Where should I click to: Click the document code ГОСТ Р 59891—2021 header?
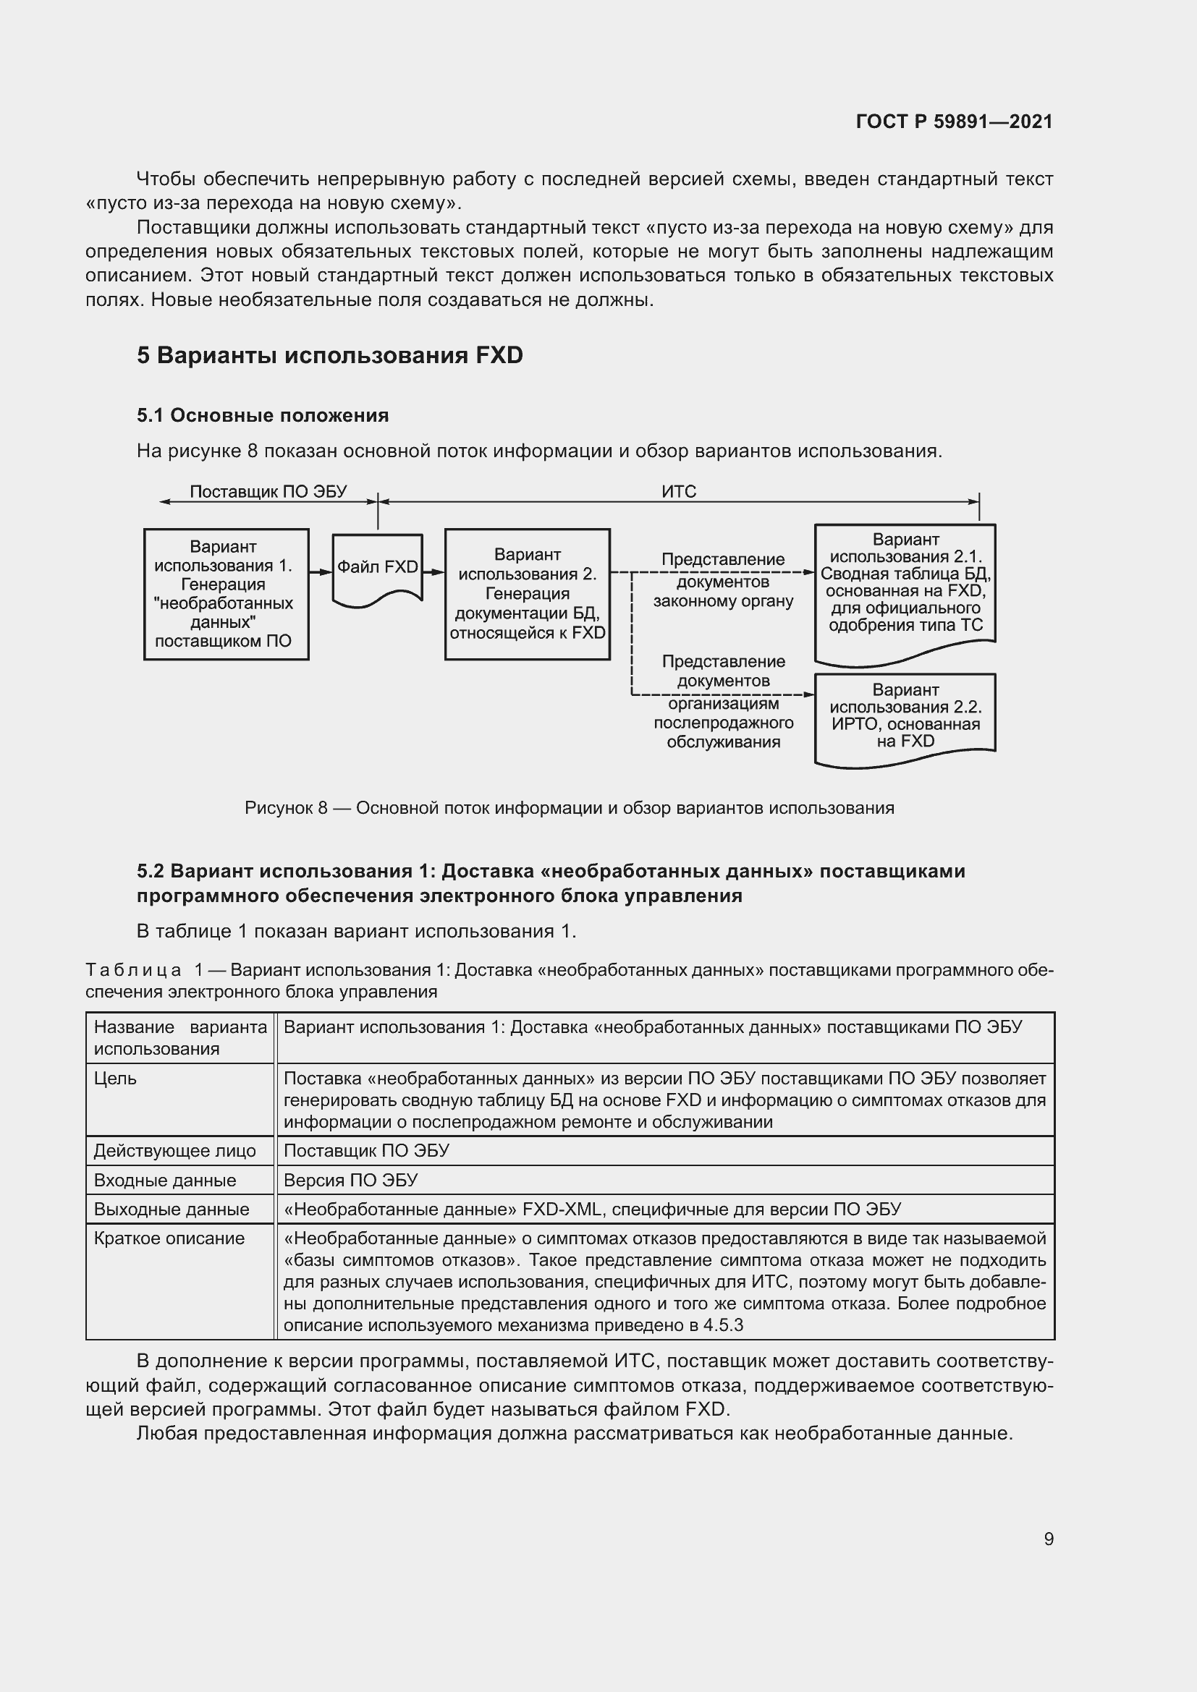pyautogui.click(x=954, y=122)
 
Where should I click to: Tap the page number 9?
pyautogui.click(x=1048, y=1539)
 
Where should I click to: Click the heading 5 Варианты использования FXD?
pyautogui.click(x=329, y=355)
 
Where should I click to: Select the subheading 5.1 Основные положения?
pyautogui.click(x=263, y=416)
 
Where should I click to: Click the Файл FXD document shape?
pyautogui.click(x=377, y=567)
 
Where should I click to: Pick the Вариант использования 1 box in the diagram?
pyautogui.click(x=226, y=594)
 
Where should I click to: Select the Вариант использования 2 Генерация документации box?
pyautogui.click(x=527, y=594)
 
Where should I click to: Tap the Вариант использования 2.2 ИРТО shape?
pyautogui.click(x=905, y=716)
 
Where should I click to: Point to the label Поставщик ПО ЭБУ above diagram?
pyautogui.click(x=268, y=491)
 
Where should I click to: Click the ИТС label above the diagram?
pyautogui.click(x=678, y=491)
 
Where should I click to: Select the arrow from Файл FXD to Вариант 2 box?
pyautogui.click(x=434, y=572)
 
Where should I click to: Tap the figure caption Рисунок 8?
pyautogui.click(x=568, y=809)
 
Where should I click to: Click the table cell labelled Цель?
pyautogui.click(x=115, y=1078)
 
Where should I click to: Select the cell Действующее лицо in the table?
pyautogui.click(x=174, y=1151)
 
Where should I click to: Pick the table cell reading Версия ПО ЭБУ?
pyautogui.click(x=350, y=1181)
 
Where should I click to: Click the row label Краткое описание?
pyautogui.click(x=169, y=1238)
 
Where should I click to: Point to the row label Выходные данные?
pyautogui.click(x=171, y=1210)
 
